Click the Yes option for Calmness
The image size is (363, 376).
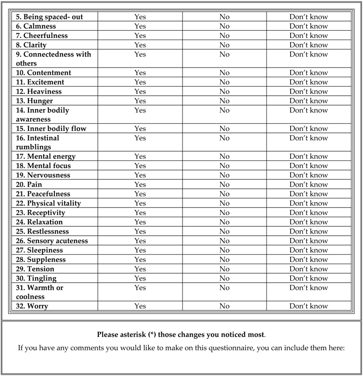(140, 26)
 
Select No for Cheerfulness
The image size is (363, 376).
(224, 36)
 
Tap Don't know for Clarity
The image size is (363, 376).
(308, 45)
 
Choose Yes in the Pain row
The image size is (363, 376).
(140, 185)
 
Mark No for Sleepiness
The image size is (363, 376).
(224, 250)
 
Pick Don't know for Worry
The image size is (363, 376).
(308, 307)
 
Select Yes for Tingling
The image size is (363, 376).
(140, 278)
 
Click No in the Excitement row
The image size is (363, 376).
(224, 82)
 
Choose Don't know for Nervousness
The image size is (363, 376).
(308, 175)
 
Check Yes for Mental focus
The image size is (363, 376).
(140, 166)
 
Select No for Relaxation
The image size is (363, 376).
(224, 222)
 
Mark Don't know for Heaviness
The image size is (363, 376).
(308, 91)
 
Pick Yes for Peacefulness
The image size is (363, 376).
(140, 194)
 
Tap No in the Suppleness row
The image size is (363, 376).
(224, 260)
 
